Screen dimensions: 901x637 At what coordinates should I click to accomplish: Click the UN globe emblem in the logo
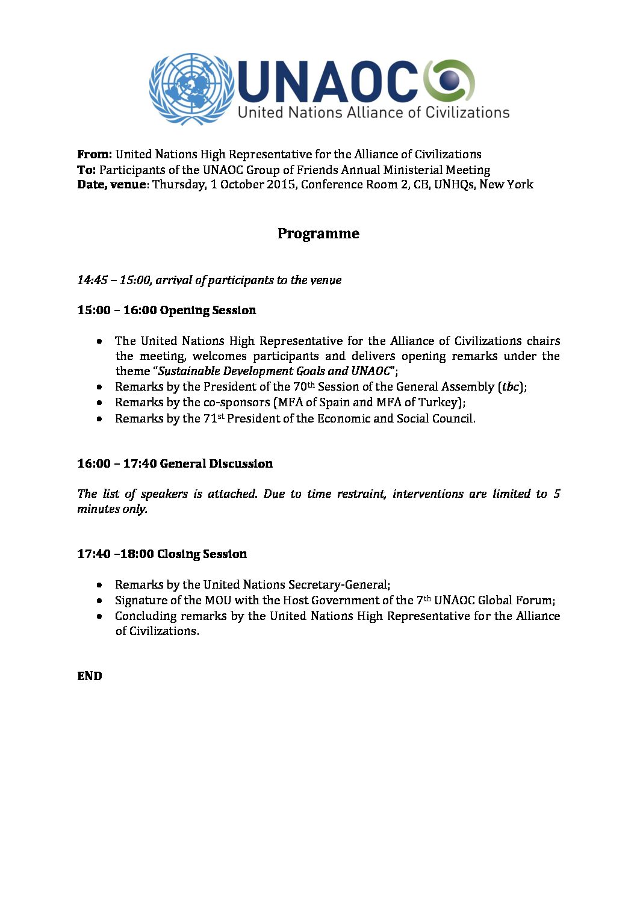click(x=191, y=88)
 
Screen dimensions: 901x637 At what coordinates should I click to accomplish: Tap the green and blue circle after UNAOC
click(x=449, y=81)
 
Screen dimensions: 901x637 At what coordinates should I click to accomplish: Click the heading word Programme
click(x=318, y=234)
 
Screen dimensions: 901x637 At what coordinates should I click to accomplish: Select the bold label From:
click(x=95, y=154)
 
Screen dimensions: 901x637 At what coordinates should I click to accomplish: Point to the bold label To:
click(x=86, y=170)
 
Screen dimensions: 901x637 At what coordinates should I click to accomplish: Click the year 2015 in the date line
click(x=280, y=184)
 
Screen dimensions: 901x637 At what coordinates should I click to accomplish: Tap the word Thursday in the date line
click(x=178, y=185)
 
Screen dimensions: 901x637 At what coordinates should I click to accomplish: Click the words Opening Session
click(x=208, y=310)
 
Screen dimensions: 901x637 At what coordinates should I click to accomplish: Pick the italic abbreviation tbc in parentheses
click(x=511, y=386)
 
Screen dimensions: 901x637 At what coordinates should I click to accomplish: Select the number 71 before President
click(x=210, y=418)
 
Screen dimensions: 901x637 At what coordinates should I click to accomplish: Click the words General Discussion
click(x=216, y=463)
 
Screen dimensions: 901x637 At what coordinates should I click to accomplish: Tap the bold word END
click(x=90, y=676)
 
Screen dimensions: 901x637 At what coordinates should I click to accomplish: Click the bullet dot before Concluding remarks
click(x=99, y=616)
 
